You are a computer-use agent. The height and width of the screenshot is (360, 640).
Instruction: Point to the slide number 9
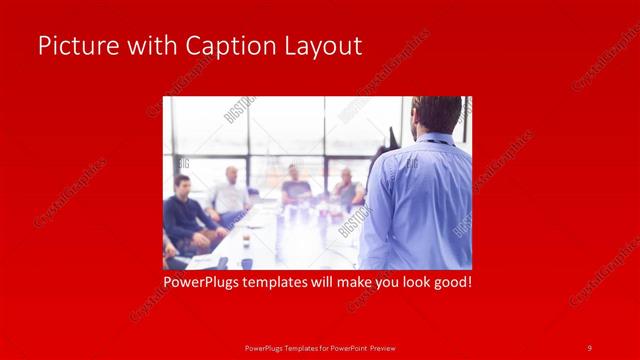tap(590, 347)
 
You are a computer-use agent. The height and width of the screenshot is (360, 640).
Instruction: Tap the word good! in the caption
tap(449, 282)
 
